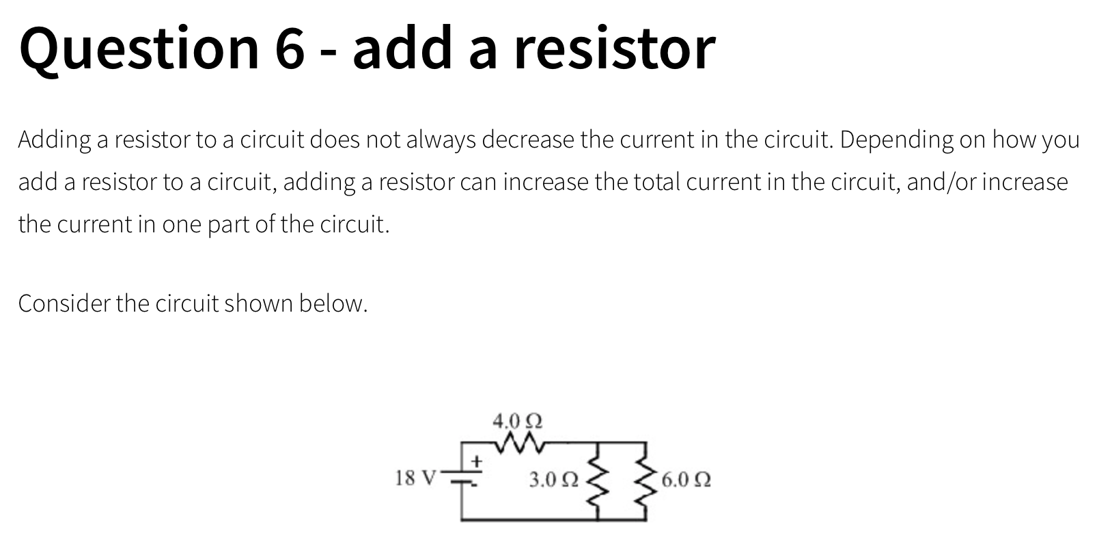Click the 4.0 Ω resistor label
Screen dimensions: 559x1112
pyautogui.click(x=517, y=420)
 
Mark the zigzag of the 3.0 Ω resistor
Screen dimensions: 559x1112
pyautogui.click(x=598, y=480)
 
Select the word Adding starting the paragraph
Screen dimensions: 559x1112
pyautogui.click(x=54, y=140)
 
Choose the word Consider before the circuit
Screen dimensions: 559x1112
pyautogui.click(x=64, y=303)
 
